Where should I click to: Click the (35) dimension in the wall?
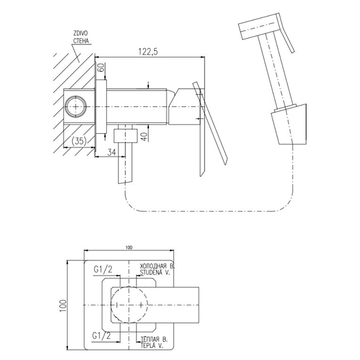(77, 141)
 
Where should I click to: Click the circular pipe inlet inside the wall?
(76, 107)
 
